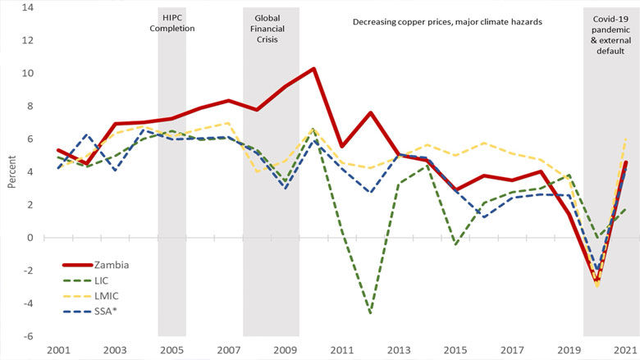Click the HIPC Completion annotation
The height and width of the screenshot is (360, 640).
[x=172, y=22]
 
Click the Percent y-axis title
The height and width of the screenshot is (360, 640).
[x=12, y=172]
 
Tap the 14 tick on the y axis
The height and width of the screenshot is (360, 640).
[x=28, y=7]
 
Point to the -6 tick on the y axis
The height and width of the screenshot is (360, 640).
[x=29, y=336]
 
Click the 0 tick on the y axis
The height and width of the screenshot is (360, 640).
[x=30, y=238]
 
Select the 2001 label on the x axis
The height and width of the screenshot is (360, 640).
[x=59, y=350]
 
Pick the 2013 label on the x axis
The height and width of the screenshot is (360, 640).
[x=399, y=350]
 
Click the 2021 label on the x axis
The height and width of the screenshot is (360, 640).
[x=625, y=350]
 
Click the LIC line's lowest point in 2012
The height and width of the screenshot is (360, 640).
[x=371, y=312]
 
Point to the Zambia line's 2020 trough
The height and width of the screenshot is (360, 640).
[x=597, y=280]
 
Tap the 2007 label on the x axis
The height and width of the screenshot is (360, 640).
[x=229, y=350]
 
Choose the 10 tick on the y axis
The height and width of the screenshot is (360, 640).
[x=28, y=73]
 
